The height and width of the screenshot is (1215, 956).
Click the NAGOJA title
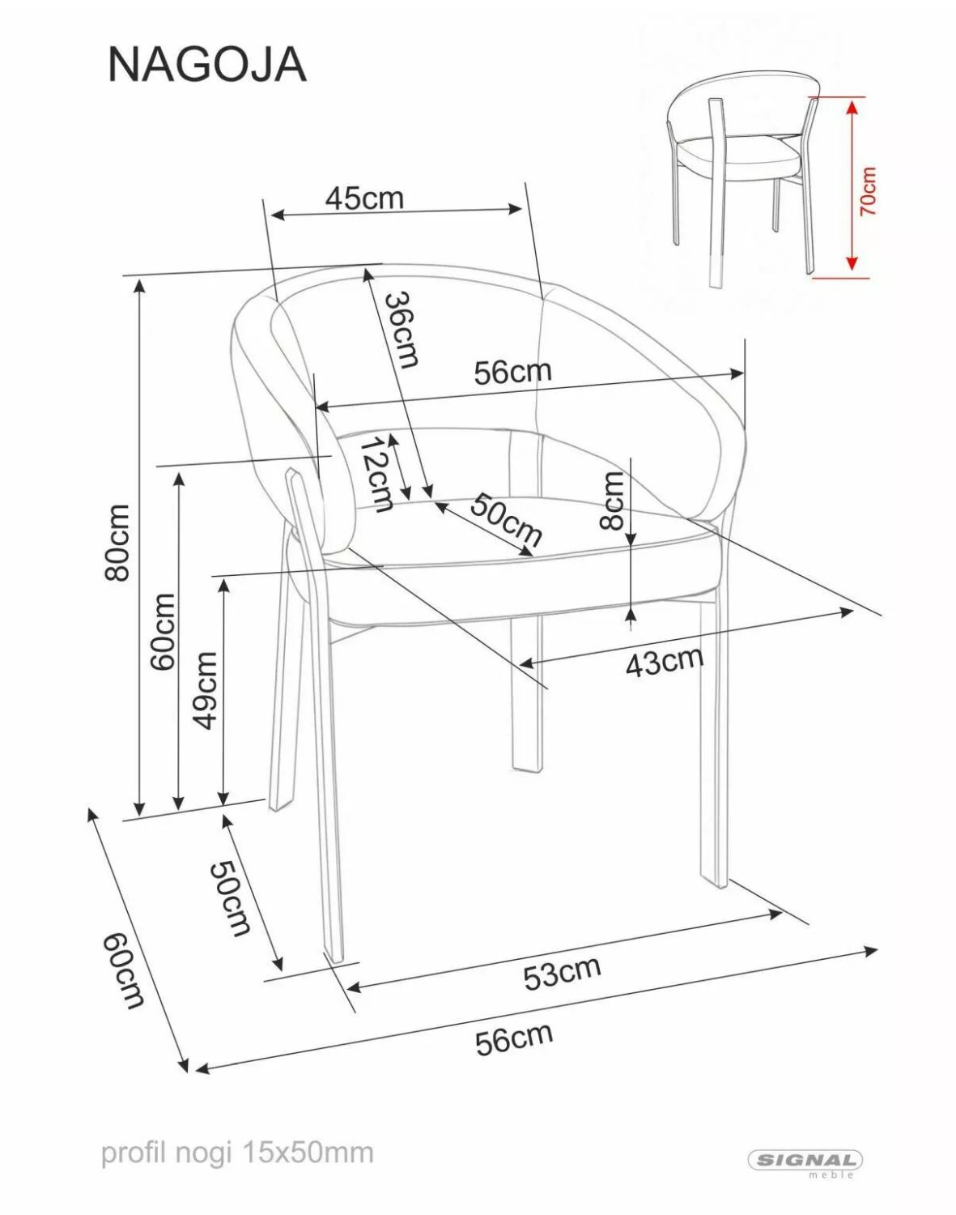coord(207,65)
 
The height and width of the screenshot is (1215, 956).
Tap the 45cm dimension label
coord(364,198)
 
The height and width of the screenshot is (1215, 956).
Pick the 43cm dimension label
coord(665,660)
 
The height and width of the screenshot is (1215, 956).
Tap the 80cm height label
coord(117,543)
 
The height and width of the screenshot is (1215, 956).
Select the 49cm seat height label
coord(204,690)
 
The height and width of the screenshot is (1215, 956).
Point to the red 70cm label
coord(868,191)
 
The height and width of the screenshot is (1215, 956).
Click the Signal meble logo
coord(805,1161)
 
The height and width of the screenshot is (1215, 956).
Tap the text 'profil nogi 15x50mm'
coord(238,1153)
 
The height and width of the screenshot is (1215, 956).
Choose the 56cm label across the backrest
coord(512,372)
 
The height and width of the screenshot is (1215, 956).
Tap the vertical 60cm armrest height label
coord(163,631)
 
